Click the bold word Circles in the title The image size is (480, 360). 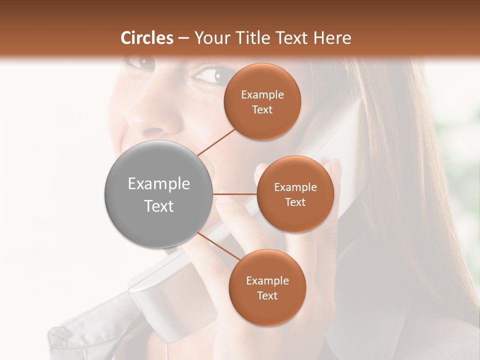(146, 37)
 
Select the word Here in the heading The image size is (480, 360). (333, 37)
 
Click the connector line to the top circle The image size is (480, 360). (216, 141)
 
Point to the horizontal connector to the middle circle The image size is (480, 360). (234, 194)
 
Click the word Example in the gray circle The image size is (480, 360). (158, 184)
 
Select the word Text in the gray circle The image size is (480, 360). (158, 206)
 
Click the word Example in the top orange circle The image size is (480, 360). (262, 94)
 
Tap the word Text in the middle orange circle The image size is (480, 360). (295, 202)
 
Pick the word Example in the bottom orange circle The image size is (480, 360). (267, 280)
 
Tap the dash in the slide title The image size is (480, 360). (183, 38)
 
